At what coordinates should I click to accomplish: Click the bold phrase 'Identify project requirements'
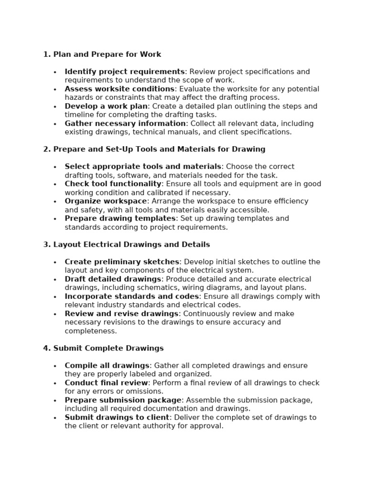coord(124,72)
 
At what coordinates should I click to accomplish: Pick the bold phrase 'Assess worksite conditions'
coord(119,89)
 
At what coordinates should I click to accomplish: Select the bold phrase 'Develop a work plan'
coord(106,106)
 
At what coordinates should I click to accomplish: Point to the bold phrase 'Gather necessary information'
coord(125,124)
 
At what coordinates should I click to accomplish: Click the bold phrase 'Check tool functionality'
coord(113,184)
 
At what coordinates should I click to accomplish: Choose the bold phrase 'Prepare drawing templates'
coord(120,218)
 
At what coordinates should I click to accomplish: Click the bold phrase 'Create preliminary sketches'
coord(122,262)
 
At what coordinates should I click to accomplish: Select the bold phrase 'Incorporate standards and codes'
coord(132,296)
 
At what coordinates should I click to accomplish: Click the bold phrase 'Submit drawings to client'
coord(117,417)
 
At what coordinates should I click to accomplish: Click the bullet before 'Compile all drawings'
coord(55,366)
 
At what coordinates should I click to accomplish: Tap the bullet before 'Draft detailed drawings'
coord(55,280)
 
